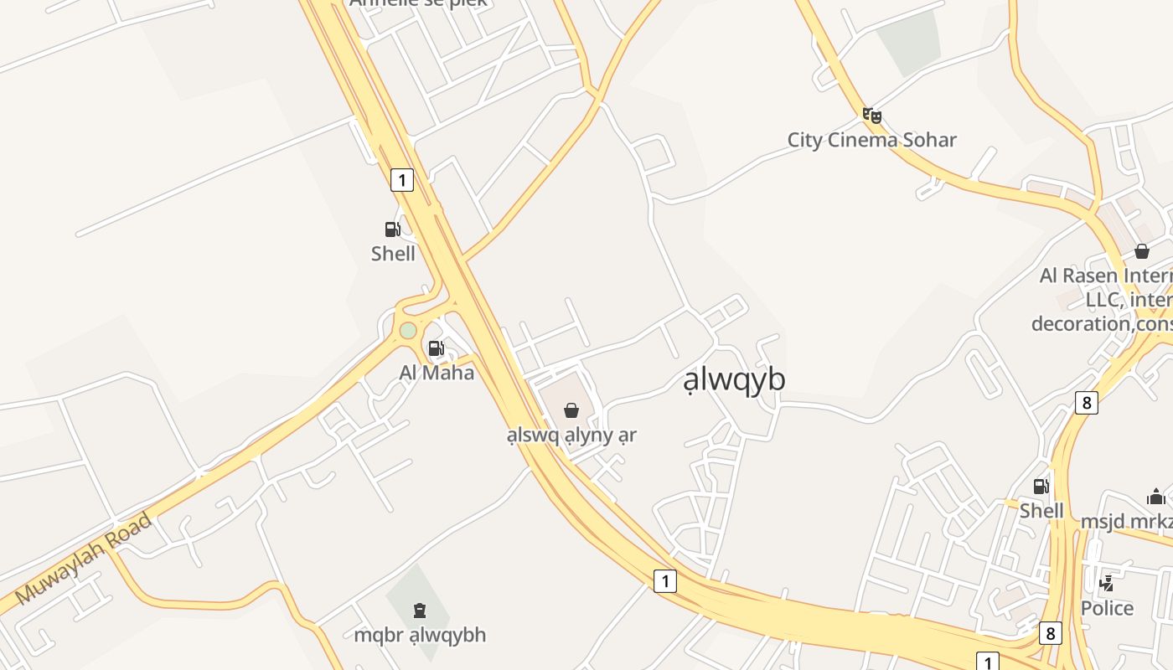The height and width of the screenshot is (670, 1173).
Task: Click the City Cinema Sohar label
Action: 871,140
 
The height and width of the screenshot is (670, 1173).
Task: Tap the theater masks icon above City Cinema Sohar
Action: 872,116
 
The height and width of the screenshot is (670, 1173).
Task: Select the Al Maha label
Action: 437,373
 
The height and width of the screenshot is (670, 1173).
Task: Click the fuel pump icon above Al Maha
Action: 436,348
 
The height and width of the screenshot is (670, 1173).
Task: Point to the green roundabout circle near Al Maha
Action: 408,330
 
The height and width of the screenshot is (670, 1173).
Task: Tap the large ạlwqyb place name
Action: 735,379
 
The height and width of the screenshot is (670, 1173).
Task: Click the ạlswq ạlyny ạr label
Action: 571,435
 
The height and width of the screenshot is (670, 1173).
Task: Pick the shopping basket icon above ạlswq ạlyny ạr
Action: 571,410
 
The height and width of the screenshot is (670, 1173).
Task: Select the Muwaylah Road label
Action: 84,559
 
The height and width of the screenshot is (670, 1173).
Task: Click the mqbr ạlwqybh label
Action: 420,635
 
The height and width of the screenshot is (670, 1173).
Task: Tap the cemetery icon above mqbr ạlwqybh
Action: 420,611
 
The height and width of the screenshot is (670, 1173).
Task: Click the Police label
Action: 1107,608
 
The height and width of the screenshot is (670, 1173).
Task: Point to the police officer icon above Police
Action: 1107,584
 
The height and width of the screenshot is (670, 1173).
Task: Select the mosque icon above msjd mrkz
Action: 1156,497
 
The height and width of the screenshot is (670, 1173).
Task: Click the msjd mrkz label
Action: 1127,521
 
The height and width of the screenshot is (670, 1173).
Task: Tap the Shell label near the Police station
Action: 1041,511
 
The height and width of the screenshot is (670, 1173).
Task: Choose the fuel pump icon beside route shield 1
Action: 392,229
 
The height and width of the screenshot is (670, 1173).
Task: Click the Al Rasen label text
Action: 1106,276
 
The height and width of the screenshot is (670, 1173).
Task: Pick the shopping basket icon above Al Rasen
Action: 1141,251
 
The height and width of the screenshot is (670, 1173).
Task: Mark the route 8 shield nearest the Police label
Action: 1051,633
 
